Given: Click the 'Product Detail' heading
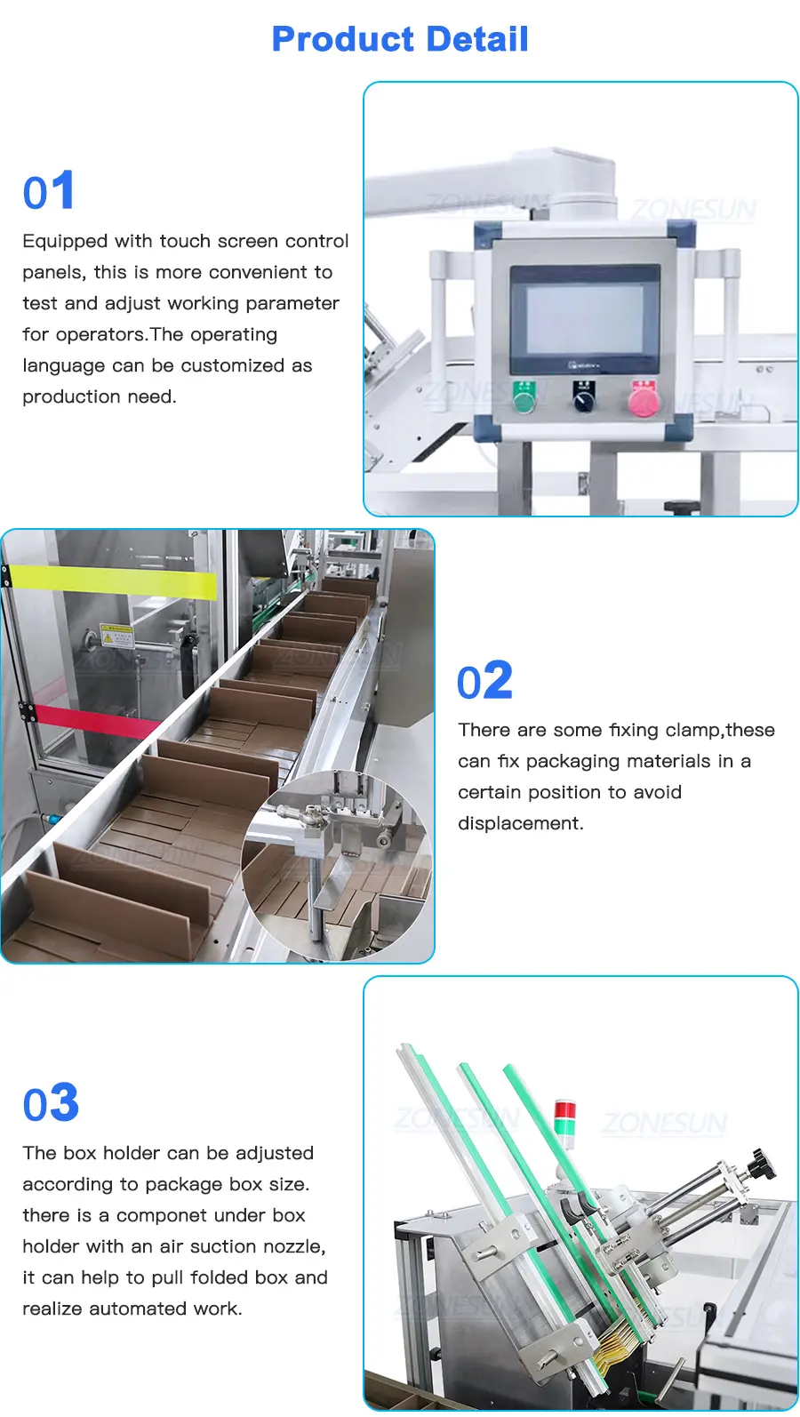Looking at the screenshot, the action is [x=400, y=39].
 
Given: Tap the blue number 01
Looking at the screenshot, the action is [x=49, y=190].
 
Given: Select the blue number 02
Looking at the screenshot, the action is [x=485, y=680].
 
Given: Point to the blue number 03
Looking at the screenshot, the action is [x=52, y=1102].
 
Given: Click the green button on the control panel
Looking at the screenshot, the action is [x=524, y=397].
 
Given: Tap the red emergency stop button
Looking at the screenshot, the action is [x=644, y=399].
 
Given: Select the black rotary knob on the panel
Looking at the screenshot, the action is [x=584, y=397].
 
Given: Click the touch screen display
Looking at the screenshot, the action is [x=584, y=319].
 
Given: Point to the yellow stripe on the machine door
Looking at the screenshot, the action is [x=113, y=581].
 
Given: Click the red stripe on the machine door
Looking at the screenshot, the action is [x=95, y=722].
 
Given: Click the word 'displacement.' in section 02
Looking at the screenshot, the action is [x=521, y=824].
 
